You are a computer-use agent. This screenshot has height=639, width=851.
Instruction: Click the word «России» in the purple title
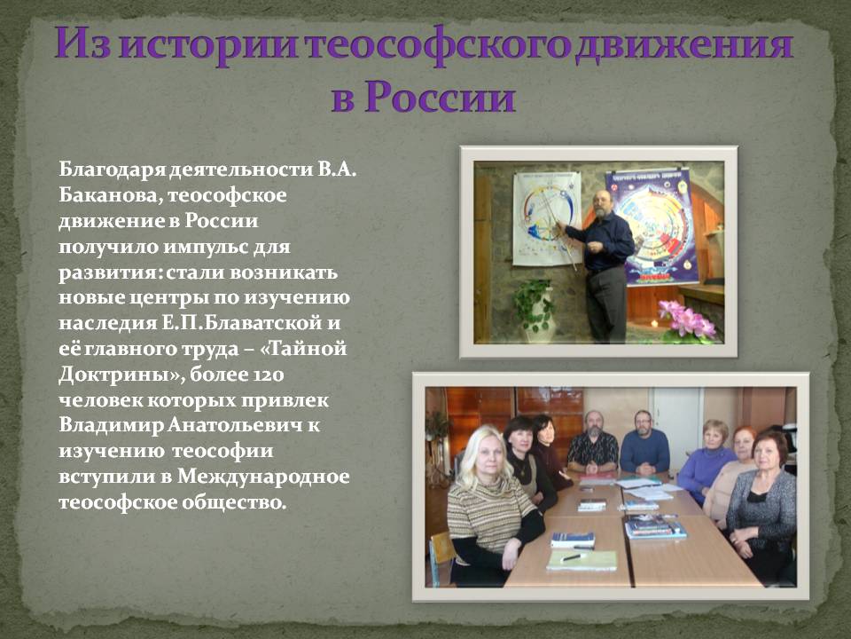pyautogui.click(x=439, y=97)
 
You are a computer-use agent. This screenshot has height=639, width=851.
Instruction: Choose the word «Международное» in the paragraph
pyautogui.click(x=263, y=477)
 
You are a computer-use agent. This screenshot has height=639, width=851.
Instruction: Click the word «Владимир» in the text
pyautogui.click(x=110, y=425)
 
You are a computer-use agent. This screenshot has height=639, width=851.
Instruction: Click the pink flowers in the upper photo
pyautogui.click(x=685, y=320)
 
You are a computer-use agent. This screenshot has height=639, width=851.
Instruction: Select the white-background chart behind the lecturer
pyautogui.click(x=547, y=218)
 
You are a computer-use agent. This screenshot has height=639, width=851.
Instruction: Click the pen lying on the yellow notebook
pyautogui.click(x=573, y=557)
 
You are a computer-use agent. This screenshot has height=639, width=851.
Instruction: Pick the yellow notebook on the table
pyautogui.click(x=582, y=560)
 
